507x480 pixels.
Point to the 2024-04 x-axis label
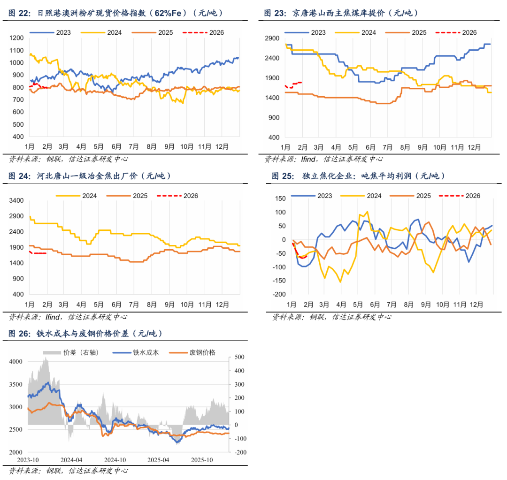click(x=71, y=460)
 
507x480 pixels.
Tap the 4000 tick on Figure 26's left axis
click(x=16, y=362)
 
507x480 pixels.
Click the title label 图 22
click(x=20, y=13)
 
